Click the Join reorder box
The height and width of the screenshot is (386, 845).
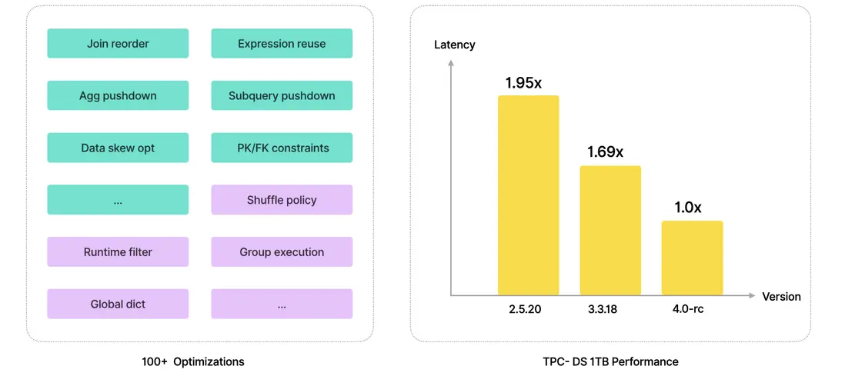(x=118, y=44)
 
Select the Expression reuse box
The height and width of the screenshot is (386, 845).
(x=282, y=44)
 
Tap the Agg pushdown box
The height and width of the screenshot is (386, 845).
(x=118, y=96)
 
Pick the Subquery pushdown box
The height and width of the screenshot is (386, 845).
(x=282, y=96)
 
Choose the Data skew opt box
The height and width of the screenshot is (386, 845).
(x=118, y=148)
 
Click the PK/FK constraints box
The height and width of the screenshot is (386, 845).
(x=282, y=148)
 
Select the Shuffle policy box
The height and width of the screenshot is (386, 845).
(x=282, y=200)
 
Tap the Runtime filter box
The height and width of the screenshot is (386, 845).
(x=118, y=251)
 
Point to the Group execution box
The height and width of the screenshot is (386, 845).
(x=282, y=251)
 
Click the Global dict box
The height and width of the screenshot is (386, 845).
(x=118, y=304)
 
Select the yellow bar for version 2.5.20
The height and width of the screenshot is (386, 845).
(x=528, y=195)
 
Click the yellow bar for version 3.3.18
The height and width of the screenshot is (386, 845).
(x=610, y=231)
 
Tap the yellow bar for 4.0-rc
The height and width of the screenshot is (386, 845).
(x=692, y=258)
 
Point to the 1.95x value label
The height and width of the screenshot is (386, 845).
(x=525, y=82)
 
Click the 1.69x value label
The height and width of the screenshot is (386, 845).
(x=605, y=151)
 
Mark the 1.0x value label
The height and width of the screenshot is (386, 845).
(x=687, y=207)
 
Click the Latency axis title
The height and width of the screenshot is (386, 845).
(x=455, y=45)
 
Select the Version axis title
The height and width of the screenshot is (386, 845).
(x=781, y=297)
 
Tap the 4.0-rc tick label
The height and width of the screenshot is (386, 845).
(x=688, y=310)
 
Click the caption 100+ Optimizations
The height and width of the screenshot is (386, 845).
(x=193, y=361)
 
